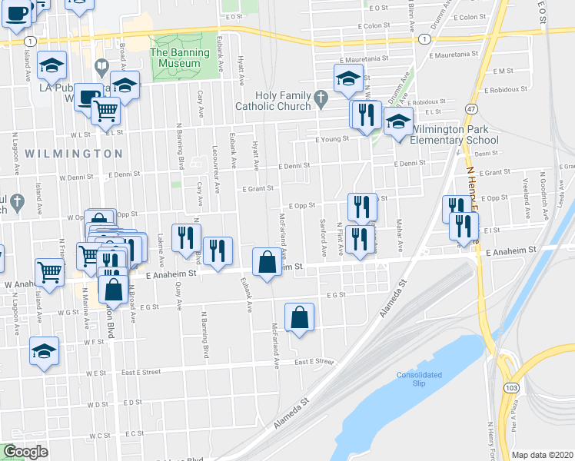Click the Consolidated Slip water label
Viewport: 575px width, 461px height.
click(x=418, y=379)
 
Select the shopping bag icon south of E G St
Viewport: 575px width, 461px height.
click(x=299, y=318)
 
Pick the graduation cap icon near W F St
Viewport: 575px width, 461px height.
click(x=45, y=353)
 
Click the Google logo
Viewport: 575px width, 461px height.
click(x=25, y=452)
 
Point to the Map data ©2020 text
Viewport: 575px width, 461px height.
click(x=542, y=455)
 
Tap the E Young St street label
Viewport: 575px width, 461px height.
click(x=332, y=139)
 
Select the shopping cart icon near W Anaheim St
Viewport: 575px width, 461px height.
click(x=49, y=270)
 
